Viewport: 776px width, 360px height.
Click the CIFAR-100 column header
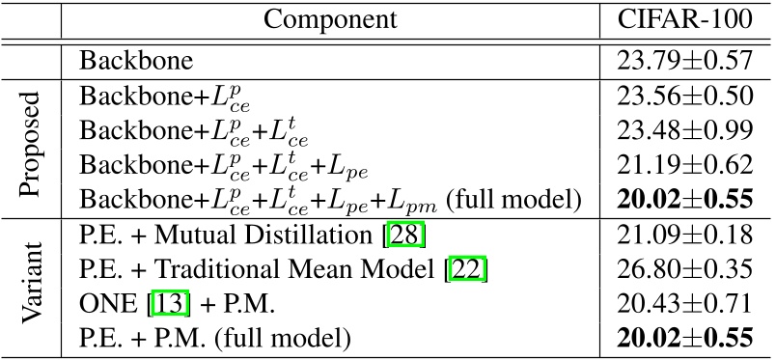684,19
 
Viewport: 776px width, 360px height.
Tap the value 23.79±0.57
684,62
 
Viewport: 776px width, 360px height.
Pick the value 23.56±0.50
684,97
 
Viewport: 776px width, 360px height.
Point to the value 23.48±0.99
684,129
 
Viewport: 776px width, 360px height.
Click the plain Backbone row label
136,62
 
